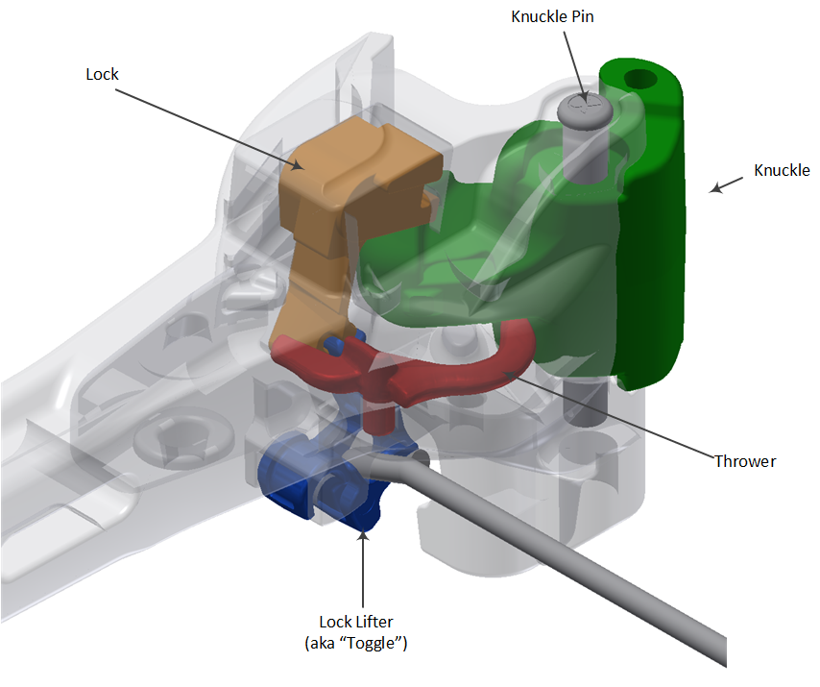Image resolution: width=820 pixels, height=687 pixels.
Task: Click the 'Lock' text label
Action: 101,73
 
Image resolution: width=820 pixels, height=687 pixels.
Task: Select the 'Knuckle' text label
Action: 782,171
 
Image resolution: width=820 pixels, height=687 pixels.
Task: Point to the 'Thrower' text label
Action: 744,461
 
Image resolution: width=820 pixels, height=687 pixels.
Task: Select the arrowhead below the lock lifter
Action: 362,537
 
